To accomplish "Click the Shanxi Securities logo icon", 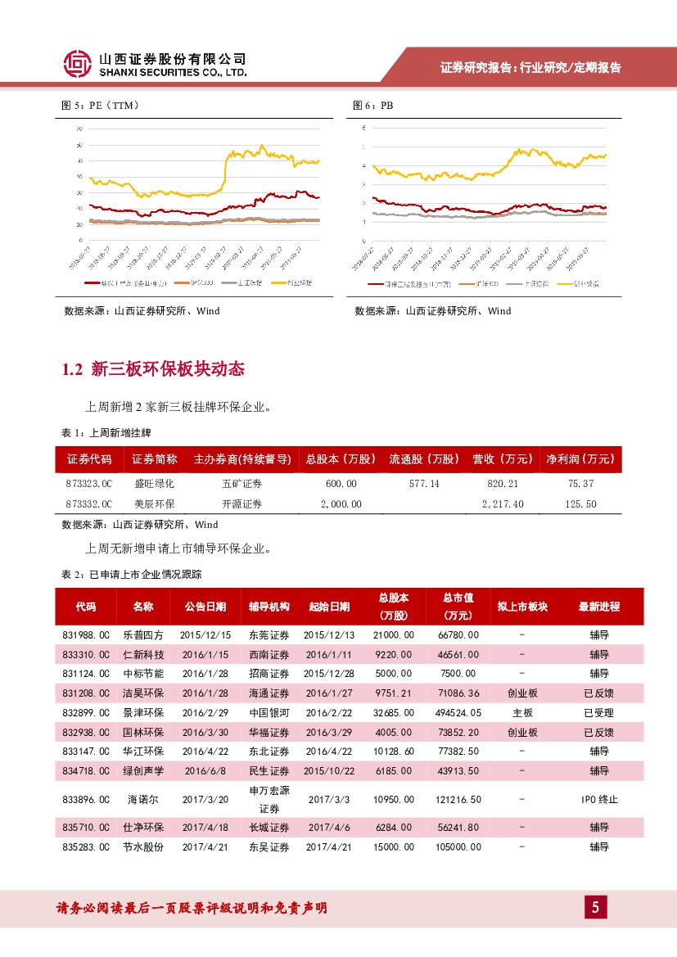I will tap(78, 65).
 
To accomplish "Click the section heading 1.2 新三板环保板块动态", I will tap(153, 369).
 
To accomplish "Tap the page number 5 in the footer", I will tap(595, 907).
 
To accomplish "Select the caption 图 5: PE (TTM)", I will tap(101, 106).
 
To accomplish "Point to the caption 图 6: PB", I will tap(373, 106).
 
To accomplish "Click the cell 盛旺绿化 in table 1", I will tap(154, 484).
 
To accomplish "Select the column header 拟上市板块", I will tap(522, 607).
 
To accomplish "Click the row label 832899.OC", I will tap(85, 713).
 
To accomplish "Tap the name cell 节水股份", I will tap(143, 847).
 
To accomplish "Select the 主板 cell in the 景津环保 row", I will tap(522, 713).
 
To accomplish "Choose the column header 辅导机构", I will tap(269, 607).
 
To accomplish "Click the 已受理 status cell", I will tap(599, 713).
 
